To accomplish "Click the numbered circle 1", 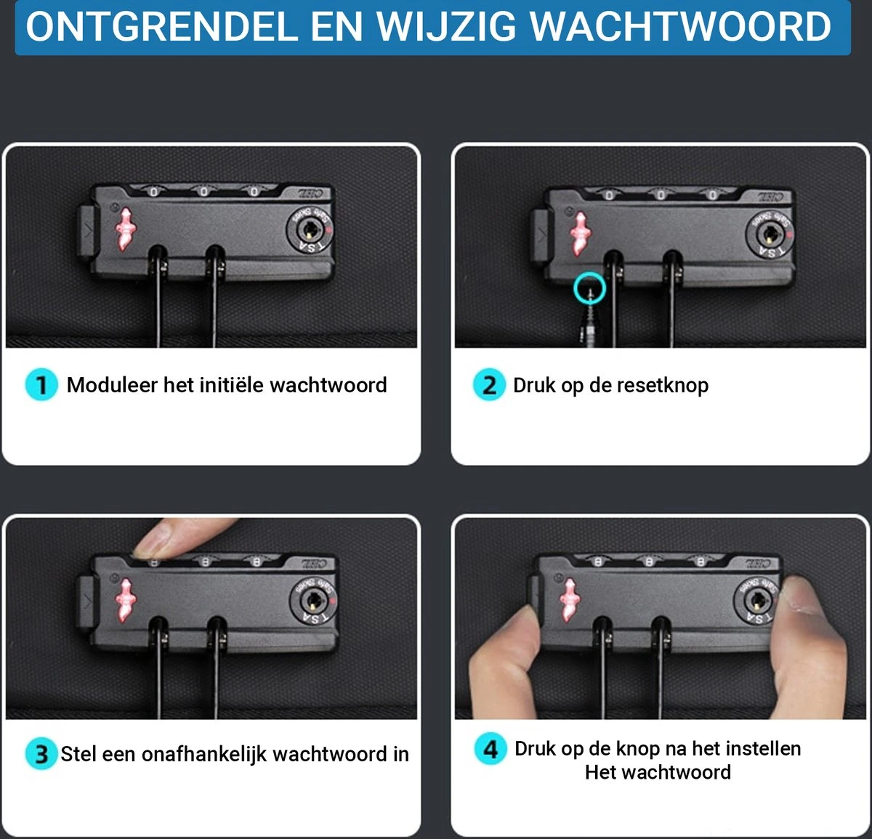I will (41, 385).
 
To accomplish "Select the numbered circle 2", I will (489, 385).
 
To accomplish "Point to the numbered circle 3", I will (41, 754).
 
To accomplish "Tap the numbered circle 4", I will (490, 749).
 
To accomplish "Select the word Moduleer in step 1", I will (112, 385).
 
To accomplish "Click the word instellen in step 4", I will (763, 749).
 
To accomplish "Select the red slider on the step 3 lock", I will (125, 600).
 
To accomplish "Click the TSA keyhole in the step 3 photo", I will (312, 601).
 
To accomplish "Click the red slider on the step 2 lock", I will (580, 234).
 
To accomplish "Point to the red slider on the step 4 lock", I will (569, 600).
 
